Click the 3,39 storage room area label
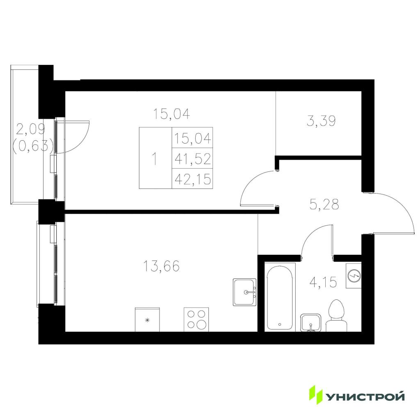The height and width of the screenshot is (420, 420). (321, 121)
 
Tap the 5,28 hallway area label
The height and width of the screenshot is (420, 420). (324, 204)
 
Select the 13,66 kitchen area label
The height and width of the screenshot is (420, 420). (161, 266)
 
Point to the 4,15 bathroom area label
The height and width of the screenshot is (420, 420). (323, 282)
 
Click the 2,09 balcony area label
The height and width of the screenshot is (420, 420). (30, 130)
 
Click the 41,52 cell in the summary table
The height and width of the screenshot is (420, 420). (193, 159)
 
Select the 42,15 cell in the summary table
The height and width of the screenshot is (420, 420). (193, 179)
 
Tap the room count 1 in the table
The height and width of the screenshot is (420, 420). (154, 159)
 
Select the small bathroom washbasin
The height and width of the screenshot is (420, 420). (310, 322)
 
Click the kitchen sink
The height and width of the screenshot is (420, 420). (244, 292)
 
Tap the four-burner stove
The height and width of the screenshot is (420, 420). (196, 320)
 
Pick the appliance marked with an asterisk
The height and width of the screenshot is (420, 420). (147, 320)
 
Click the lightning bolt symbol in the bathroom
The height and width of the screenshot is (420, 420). (353, 276)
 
